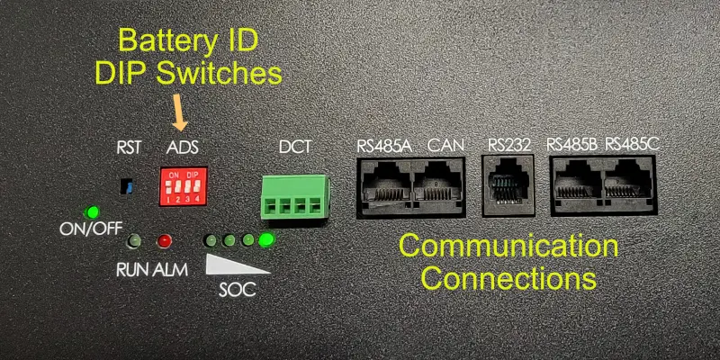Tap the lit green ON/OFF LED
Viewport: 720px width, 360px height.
(90, 213)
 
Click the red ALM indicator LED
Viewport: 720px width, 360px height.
(164, 241)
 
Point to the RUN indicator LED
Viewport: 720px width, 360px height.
(133, 241)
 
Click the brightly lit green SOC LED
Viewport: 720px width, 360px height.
(266, 241)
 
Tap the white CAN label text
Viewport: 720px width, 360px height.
(445, 144)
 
